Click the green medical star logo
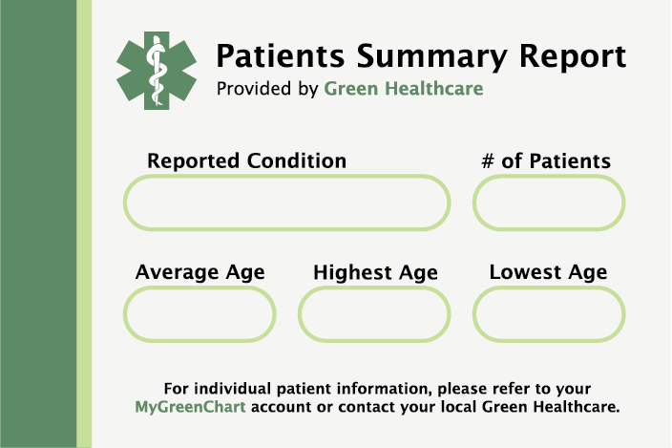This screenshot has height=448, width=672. [x=157, y=71]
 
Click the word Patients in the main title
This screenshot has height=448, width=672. [x=281, y=56]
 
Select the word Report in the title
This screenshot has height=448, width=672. [x=573, y=57]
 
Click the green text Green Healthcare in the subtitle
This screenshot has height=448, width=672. [x=403, y=89]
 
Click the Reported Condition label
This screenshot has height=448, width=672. [x=247, y=161]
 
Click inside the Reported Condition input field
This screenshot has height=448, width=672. [x=286, y=203]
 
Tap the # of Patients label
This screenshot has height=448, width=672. [x=546, y=161]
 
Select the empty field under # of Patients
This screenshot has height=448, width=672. [x=549, y=203]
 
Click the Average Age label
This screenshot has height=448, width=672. [x=200, y=272]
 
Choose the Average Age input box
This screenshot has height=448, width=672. [x=199, y=314]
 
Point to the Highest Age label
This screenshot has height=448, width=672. [x=375, y=272]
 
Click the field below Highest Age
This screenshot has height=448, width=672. [x=374, y=314]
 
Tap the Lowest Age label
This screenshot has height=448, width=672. [x=548, y=272]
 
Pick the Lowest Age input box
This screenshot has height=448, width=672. [x=549, y=314]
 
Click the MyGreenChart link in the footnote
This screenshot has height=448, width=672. [x=190, y=407]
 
